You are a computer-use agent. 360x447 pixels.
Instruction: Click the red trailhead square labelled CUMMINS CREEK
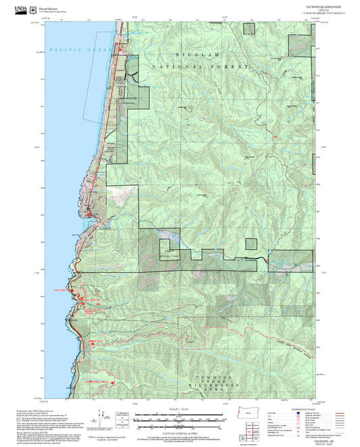92,344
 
